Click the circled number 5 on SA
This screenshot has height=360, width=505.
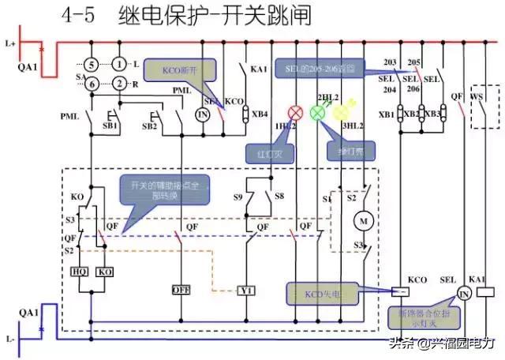pyautogui.click(x=92, y=63)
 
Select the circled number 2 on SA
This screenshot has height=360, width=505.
pyautogui.click(x=119, y=84)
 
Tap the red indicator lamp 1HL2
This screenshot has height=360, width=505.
pyautogui.click(x=297, y=112)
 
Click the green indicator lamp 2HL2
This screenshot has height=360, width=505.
pyautogui.click(x=318, y=112)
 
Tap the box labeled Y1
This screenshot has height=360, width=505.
pyautogui.click(x=247, y=291)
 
